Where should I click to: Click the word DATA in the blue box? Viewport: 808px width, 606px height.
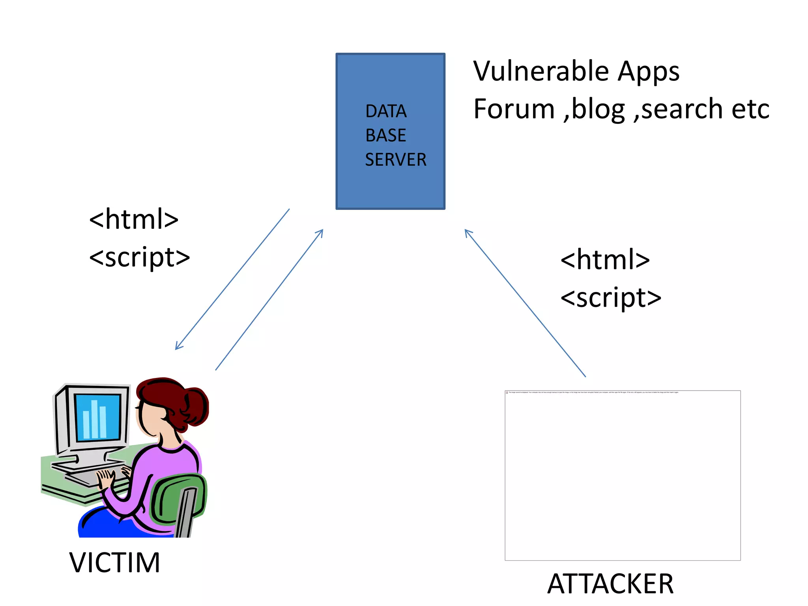coord(385,111)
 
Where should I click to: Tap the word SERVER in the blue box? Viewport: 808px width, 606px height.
coord(395,160)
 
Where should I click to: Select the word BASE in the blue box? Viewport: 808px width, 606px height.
coord(385,135)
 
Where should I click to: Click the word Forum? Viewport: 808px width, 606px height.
coord(514,109)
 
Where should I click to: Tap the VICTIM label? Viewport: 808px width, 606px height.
coord(114,562)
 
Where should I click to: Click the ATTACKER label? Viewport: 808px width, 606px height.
coord(610,584)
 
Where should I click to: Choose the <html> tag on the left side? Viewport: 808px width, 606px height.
coord(134,219)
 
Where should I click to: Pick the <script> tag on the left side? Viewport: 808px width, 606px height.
coord(140,257)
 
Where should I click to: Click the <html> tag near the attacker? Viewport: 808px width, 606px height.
coord(605,260)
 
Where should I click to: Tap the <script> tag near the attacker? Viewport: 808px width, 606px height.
coord(611,297)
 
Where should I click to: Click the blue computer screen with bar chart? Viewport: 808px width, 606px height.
coord(97,417)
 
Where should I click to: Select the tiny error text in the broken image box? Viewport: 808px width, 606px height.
coord(592,393)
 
